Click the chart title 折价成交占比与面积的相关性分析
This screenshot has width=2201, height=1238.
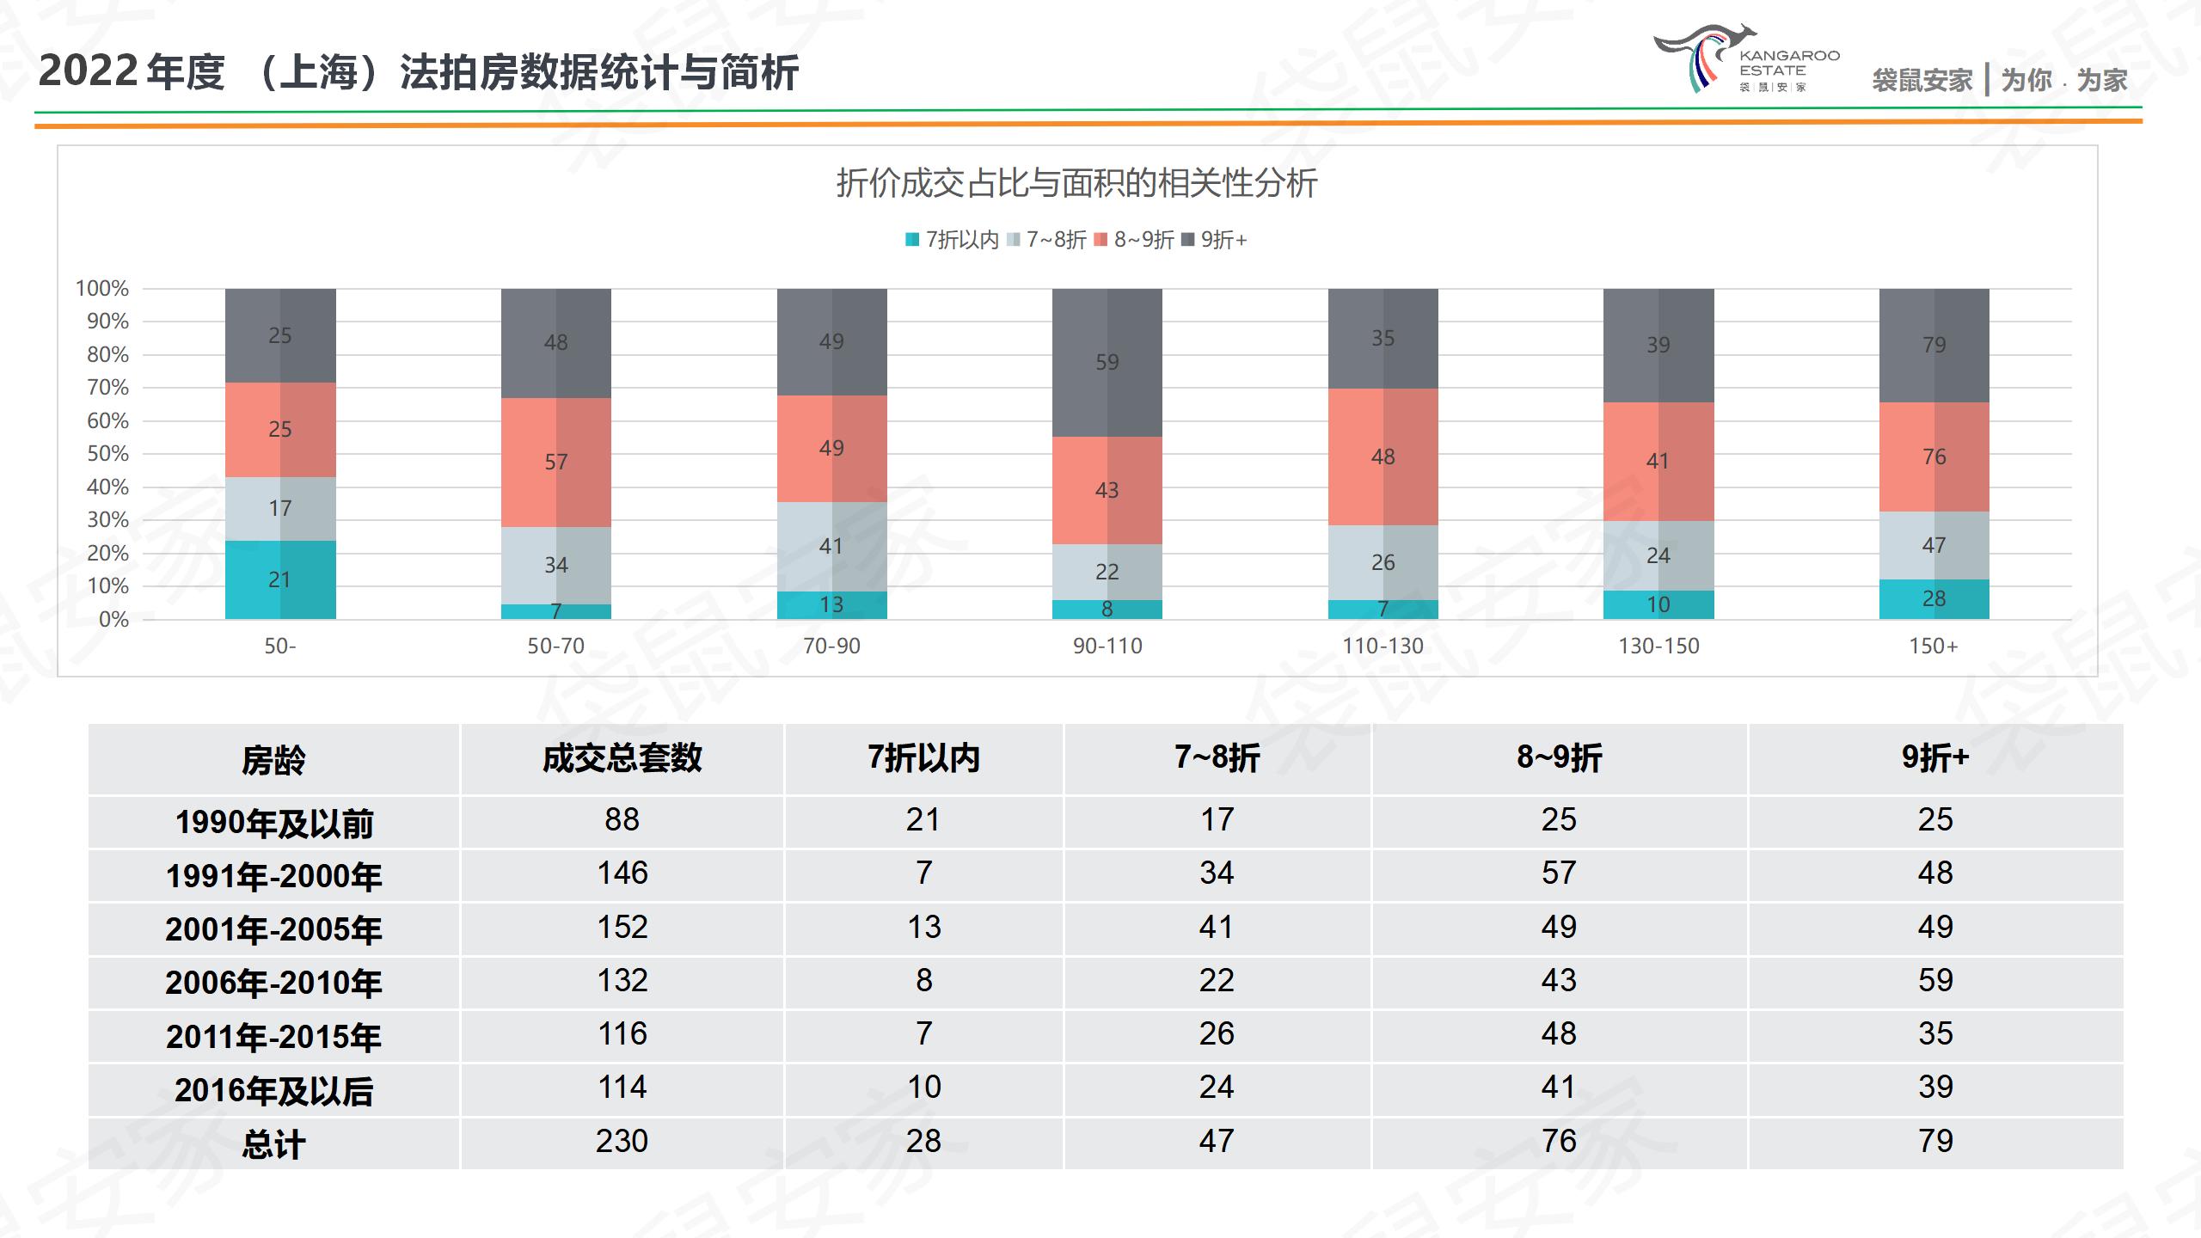pos(1076,183)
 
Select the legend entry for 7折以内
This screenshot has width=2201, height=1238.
pos(952,240)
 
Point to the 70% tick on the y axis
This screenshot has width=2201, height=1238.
pos(107,388)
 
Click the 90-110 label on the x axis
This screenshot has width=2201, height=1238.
pos(1107,646)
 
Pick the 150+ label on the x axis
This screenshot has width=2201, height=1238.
pos(1933,646)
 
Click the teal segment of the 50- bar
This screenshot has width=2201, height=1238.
pos(280,579)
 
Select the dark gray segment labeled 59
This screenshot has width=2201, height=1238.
pos(1107,362)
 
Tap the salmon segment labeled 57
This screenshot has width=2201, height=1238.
pos(555,462)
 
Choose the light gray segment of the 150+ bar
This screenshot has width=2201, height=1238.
pos(1934,545)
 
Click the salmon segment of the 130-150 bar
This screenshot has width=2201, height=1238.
pos(1658,461)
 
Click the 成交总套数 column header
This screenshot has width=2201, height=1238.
pos(622,758)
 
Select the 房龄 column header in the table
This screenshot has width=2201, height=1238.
pos(273,760)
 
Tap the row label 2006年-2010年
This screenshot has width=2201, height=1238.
pos(273,983)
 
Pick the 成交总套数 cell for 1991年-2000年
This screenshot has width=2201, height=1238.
pos(622,873)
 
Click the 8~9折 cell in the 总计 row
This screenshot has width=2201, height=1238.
pos(1558,1141)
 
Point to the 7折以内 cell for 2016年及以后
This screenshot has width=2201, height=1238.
pos(923,1088)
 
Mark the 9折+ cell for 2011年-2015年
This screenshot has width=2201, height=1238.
pos(1934,1034)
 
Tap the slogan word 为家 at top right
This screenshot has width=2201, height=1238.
pos(2101,81)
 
